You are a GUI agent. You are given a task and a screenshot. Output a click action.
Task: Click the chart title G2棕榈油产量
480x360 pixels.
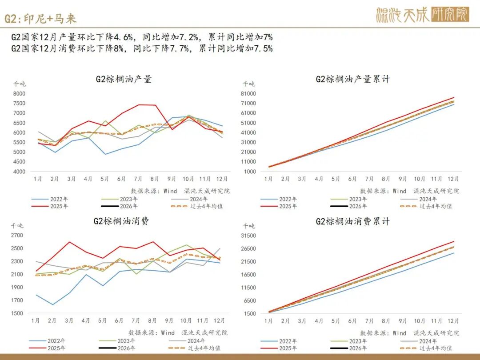pos(124,79)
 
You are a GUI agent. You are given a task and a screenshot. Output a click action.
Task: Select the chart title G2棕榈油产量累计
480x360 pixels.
pos(353,79)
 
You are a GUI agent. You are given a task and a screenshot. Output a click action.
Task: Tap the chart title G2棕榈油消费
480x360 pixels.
pos(121,221)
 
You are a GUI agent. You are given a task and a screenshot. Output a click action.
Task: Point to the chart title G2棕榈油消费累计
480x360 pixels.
pos(353,221)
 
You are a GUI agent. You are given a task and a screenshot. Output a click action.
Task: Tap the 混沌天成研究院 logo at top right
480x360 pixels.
pos(422,15)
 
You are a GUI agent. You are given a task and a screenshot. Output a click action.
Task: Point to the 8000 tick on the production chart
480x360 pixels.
pos(19,93)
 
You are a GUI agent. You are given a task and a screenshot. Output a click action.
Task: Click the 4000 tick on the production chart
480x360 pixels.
pos(19,172)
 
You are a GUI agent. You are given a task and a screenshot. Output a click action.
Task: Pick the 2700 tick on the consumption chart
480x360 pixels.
pos(17,236)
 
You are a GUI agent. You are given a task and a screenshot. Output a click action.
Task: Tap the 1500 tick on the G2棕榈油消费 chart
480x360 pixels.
pos(17,313)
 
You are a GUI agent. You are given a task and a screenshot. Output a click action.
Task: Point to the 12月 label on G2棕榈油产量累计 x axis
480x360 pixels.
pos(453,179)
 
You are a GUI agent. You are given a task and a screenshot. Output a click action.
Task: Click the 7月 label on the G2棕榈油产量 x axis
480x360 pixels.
pos(138,179)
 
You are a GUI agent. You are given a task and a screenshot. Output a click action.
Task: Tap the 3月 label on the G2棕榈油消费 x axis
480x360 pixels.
pos(68,320)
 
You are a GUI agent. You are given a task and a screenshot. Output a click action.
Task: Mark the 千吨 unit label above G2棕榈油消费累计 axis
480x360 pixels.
pos(248,225)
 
